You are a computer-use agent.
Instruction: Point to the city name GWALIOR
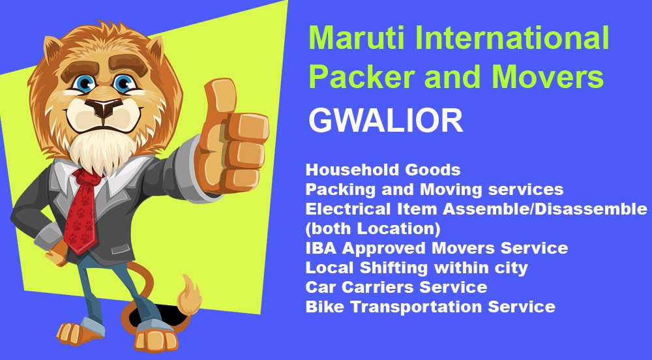(x=385, y=121)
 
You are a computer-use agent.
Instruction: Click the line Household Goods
(x=383, y=170)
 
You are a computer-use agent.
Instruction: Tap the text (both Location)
(x=373, y=229)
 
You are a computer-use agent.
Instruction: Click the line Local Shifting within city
(x=417, y=268)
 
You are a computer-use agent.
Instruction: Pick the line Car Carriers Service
(x=396, y=287)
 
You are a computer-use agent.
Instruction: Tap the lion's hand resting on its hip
(x=56, y=251)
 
